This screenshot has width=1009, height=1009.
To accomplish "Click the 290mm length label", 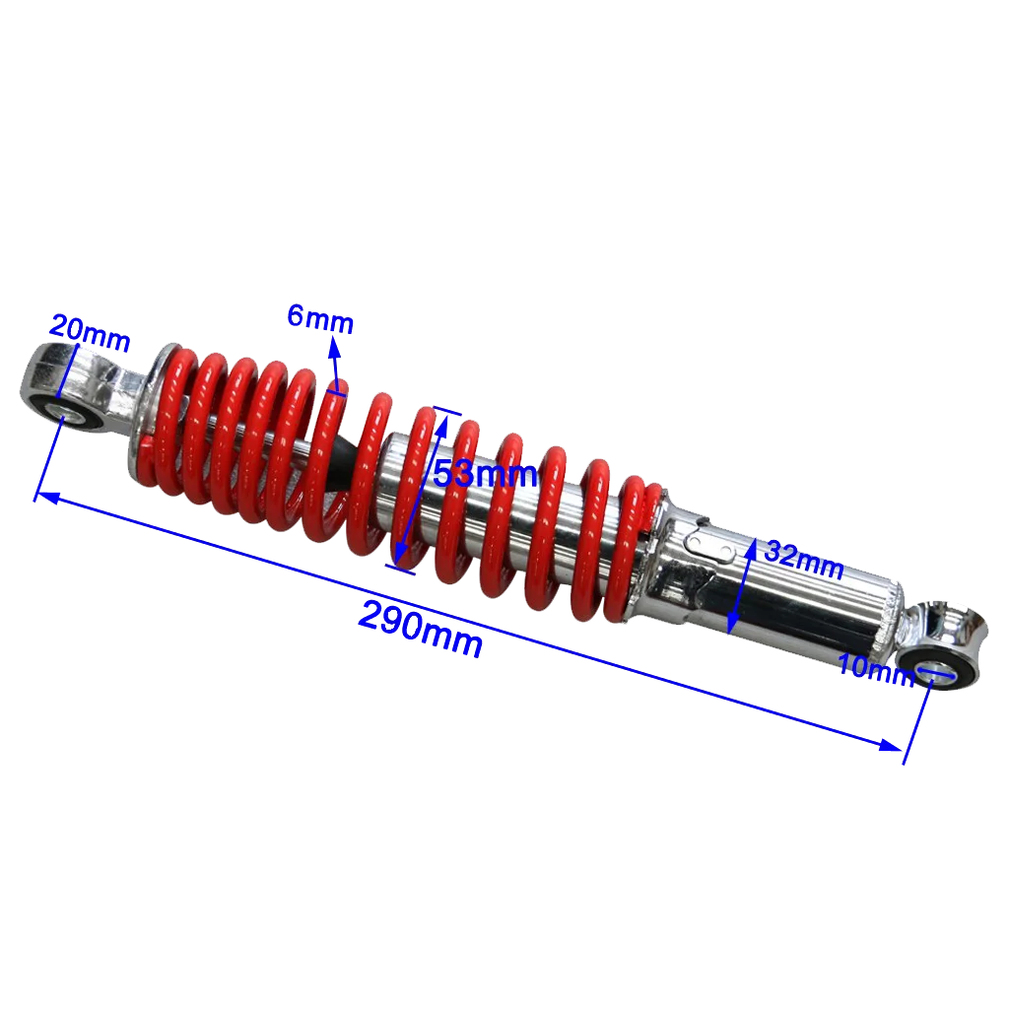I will coord(421,629).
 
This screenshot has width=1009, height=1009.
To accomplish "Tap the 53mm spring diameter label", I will coord(485,475).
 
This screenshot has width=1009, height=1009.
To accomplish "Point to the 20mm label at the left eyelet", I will coord(90,333).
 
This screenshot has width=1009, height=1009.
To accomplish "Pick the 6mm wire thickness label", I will coord(320,319).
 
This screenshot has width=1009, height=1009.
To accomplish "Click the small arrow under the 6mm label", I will coord(334,354).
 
